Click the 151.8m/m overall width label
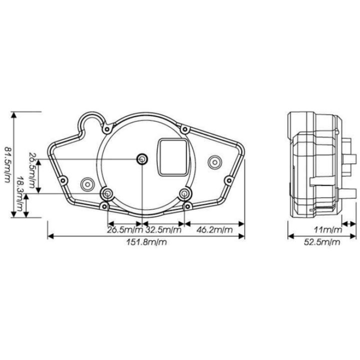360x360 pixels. point(146,242)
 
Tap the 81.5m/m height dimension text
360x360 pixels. point(7,165)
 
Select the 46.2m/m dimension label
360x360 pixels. point(214,229)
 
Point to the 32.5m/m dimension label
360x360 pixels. point(163,229)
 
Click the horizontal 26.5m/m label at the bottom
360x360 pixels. point(125,229)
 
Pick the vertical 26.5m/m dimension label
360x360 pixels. point(32,170)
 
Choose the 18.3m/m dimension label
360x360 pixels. point(20,194)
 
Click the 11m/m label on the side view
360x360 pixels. point(328,229)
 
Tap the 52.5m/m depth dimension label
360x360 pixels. point(322,242)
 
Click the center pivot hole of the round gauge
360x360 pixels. point(142,159)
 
